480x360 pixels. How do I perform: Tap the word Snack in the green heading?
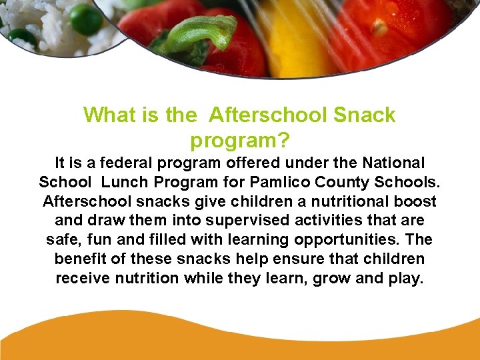pos(365,115)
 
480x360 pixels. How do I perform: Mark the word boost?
pos(415,201)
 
